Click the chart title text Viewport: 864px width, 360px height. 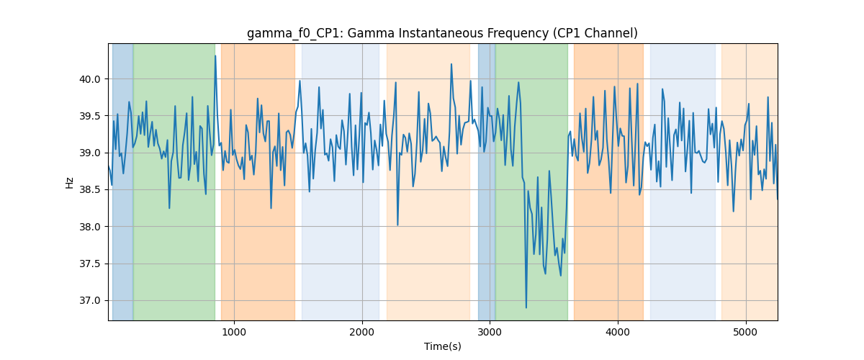442,33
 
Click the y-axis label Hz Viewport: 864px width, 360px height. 69,182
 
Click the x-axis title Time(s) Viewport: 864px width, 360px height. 442,346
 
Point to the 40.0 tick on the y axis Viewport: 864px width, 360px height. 90,79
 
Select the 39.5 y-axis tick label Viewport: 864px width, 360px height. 90,116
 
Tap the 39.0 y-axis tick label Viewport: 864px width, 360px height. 90,153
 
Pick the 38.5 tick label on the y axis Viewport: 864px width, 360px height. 90,190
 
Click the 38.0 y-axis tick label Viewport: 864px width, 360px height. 90,227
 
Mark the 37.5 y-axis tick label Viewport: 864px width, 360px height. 90,264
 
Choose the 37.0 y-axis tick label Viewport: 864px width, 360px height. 90,300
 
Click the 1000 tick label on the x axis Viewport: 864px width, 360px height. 234,332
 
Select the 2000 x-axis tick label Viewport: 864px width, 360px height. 362,332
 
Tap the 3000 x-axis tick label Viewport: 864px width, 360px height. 490,332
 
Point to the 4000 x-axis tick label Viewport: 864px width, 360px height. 618,332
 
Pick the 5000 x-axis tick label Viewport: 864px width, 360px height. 746,332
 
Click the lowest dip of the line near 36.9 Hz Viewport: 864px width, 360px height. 526,307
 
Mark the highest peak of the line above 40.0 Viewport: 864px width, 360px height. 215,56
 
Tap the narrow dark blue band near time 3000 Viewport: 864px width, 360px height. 487,181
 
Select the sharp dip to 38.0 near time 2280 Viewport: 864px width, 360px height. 397,225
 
